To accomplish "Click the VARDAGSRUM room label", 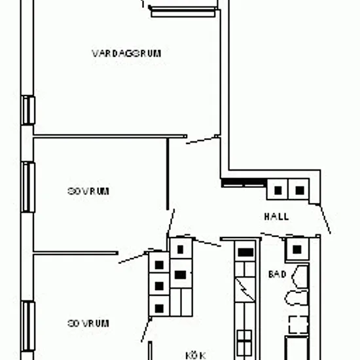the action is click(126, 54).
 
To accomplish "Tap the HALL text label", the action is click(276, 217).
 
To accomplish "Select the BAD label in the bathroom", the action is click(278, 274).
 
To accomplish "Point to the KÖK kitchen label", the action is click(196, 355).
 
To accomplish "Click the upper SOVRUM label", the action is click(88, 191).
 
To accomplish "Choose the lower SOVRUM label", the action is click(88, 323).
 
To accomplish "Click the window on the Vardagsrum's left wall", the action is click(28, 110).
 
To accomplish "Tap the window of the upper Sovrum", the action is click(28, 187).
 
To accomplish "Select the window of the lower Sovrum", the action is click(28, 326).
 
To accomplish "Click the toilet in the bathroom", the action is click(296, 298).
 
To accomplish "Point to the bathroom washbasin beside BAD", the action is click(300, 277).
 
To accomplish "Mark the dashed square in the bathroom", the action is click(298, 325).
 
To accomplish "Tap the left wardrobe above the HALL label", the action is click(278, 189).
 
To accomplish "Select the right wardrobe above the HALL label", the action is click(298, 189).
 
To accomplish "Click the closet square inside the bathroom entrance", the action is click(297, 249).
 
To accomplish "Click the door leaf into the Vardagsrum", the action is click(202, 140).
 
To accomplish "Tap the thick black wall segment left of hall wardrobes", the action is click(244, 182).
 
